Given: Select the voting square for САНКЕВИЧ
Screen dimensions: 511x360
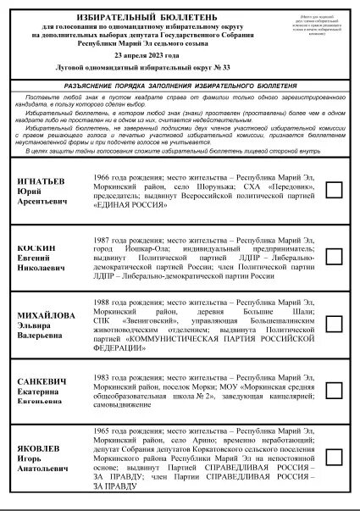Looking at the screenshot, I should pyautogui.click(x=334, y=390).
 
